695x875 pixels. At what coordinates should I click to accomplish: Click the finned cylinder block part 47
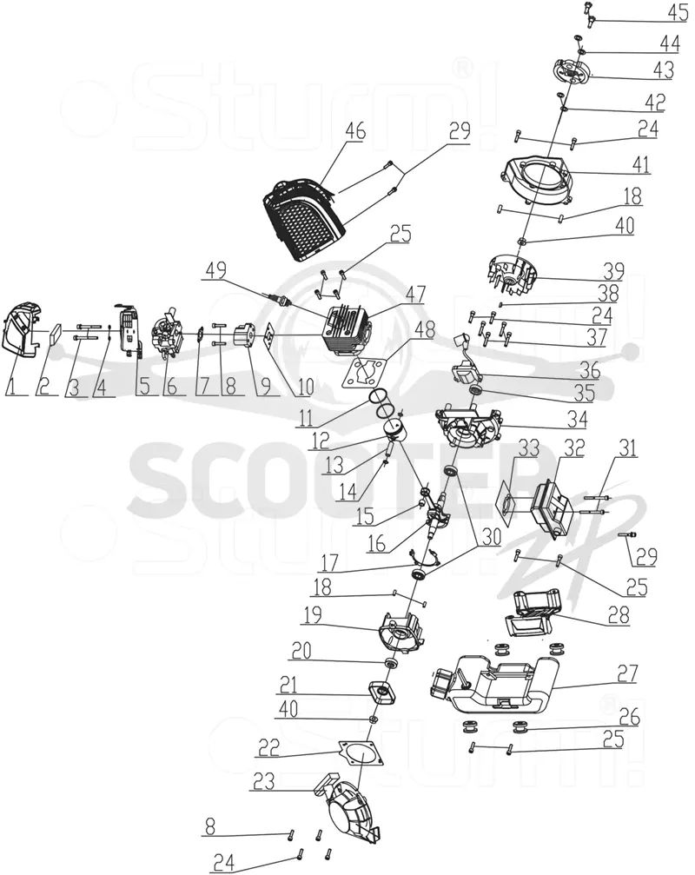pos(348,335)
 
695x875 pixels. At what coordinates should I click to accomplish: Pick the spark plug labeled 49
pos(281,301)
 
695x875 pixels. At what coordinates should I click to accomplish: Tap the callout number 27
pos(627,673)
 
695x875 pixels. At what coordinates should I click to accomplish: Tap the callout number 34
pos(578,419)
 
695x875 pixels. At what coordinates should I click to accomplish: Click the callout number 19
pos(313,614)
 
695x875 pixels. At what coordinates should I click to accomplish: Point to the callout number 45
pos(678,11)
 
